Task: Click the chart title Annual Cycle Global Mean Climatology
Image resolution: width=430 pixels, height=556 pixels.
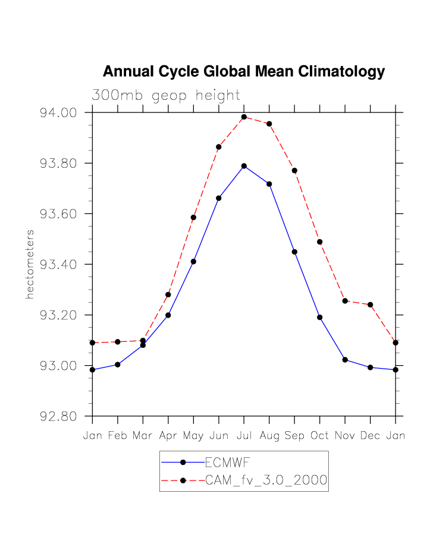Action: coord(244,72)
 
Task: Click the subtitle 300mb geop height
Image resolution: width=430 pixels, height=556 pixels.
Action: coord(165,95)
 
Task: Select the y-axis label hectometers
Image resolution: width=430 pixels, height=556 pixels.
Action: coord(30,264)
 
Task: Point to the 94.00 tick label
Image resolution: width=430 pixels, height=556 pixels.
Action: coord(59,113)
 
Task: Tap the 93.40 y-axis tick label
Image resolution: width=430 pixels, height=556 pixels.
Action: coord(59,265)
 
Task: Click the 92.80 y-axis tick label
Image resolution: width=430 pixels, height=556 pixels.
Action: coord(59,416)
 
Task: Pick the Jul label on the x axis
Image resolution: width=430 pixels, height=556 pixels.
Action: coord(244,436)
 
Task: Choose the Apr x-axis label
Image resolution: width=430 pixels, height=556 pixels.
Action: coord(168,436)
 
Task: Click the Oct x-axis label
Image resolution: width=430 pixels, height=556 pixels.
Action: coord(319,436)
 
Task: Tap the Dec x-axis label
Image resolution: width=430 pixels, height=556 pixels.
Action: coord(370,436)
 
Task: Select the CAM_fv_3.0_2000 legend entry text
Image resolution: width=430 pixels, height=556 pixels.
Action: coord(266,480)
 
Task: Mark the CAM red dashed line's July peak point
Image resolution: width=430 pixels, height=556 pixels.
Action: coord(244,117)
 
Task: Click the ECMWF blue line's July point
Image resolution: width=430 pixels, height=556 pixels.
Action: coord(244,166)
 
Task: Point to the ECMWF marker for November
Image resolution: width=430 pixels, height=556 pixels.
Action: coord(345,360)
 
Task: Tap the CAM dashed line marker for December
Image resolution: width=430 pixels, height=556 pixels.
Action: coord(370,304)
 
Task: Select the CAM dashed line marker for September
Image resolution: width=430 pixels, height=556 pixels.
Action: coord(294,171)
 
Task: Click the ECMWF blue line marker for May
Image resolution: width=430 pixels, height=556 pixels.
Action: coord(193,262)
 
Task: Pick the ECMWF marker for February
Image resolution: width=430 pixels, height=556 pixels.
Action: coord(118,365)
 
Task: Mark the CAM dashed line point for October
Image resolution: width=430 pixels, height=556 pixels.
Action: coord(319,242)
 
